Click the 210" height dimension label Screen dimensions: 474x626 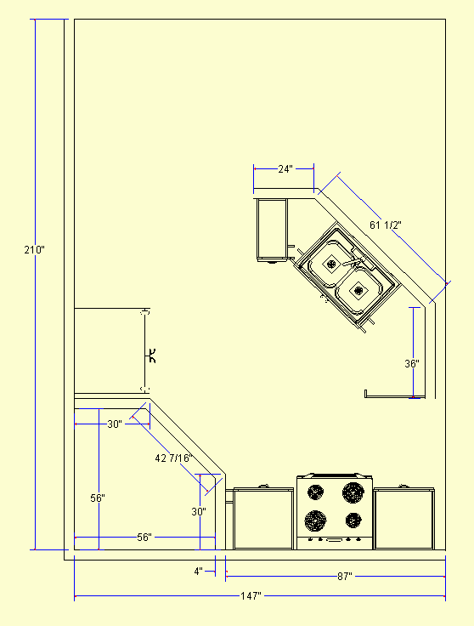tap(34, 250)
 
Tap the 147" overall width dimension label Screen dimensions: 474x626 tap(251, 596)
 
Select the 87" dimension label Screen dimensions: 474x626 tap(345, 577)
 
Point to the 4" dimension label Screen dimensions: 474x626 tap(199, 572)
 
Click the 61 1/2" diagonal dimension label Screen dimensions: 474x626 tap(385, 225)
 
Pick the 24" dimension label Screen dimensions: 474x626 tap(285, 169)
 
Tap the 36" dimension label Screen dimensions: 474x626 tap(412, 364)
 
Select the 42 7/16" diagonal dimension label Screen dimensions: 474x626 tap(174, 458)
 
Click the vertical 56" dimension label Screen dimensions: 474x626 tap(98, 498)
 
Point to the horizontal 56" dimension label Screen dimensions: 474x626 tap(144, 538)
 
